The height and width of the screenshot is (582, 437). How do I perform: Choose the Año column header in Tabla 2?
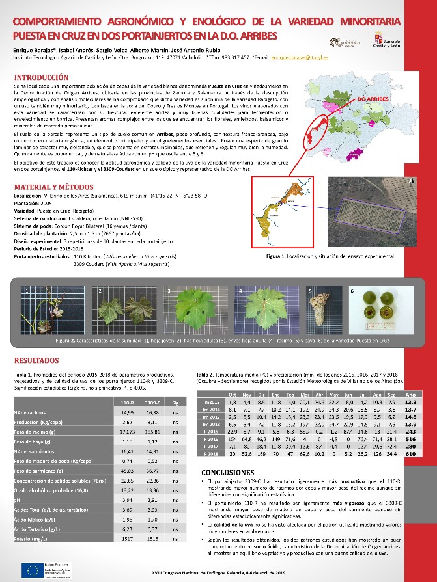411,395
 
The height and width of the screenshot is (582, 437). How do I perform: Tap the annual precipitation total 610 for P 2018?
411,454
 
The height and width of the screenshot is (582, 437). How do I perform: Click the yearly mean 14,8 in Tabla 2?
411,416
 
